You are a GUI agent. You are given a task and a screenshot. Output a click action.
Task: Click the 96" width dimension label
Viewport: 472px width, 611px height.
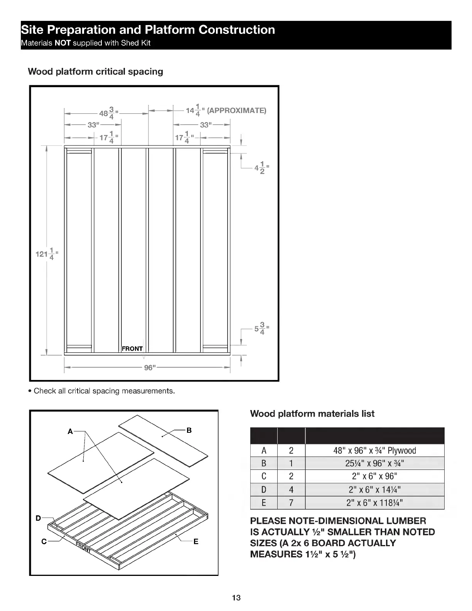pos(149,368)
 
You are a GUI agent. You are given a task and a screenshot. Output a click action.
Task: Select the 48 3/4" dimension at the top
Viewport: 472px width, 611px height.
pos(108,113)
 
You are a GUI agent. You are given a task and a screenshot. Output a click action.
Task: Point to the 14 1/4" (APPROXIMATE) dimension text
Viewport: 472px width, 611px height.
pos(226,111)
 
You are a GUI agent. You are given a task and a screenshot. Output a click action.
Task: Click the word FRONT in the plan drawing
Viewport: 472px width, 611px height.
pos(132,349)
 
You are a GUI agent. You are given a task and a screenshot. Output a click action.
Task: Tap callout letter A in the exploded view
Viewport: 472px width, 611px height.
pos(70,432)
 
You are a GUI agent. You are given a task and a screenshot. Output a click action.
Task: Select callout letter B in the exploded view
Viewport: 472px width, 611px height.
pos(189,430)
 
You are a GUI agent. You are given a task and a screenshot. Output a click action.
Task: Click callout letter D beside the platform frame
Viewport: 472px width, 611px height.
pos(38,518)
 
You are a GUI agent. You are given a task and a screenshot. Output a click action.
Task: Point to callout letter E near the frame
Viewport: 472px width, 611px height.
pos(196,542)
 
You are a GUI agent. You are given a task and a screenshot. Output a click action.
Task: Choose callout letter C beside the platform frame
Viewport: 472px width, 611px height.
pos(44,542)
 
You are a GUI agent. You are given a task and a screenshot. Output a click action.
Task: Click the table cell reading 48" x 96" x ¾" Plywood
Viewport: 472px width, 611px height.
pos(374,451)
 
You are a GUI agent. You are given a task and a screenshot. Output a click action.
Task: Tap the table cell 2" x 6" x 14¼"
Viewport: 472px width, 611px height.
pos(374,490)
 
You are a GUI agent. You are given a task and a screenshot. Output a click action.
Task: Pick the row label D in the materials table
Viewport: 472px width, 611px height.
pos(264,490)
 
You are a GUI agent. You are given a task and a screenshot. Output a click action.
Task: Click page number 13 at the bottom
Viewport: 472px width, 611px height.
pos(236,598)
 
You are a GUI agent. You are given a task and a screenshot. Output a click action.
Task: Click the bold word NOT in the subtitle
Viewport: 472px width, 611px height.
pos(62,43)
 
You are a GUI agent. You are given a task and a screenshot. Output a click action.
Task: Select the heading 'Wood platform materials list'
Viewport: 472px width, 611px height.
pos(312,414)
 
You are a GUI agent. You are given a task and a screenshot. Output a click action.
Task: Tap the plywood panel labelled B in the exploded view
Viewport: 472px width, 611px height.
pos(162,436)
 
